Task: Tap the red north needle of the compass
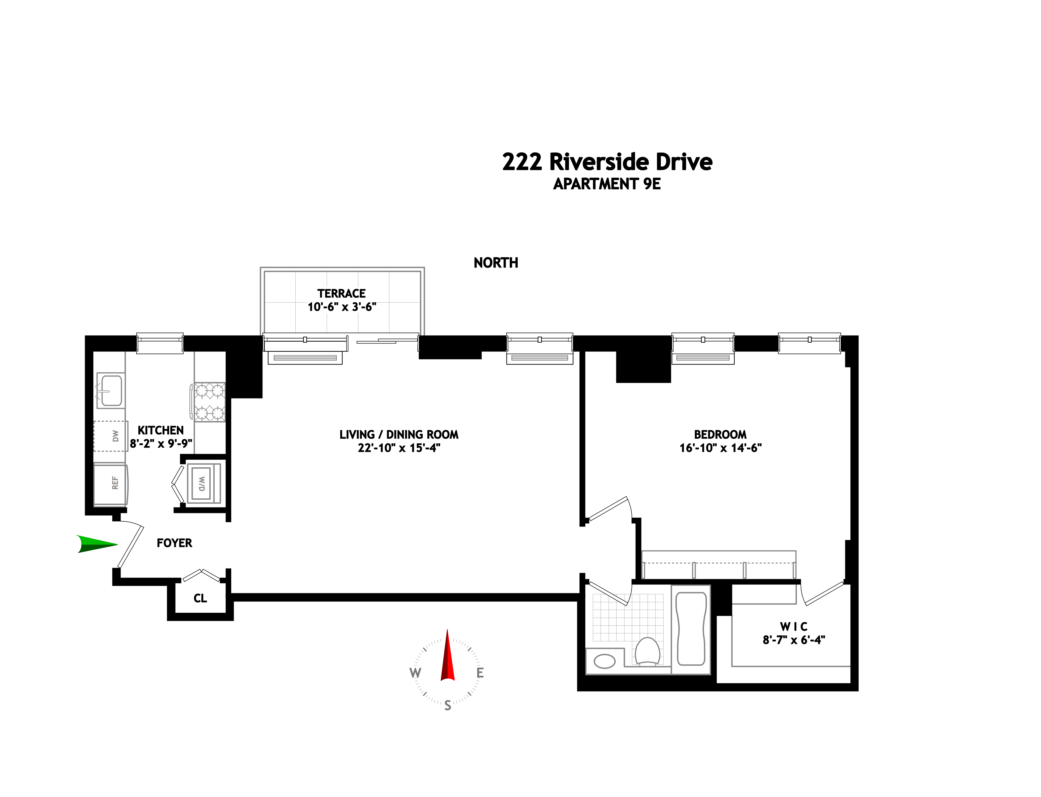[447, 657]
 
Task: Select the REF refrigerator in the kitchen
[111, 484]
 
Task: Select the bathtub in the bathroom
[691, 629]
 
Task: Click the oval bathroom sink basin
[605, 661]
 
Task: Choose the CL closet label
[200, 598]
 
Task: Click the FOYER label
[175, 543]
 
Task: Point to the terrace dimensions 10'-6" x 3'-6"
[342, 307]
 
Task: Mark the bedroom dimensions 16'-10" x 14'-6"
[720, 448]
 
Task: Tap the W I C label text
[793, 627]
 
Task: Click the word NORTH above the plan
[496, 263]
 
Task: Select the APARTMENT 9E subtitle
[607, 184]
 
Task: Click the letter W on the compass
[415, 673]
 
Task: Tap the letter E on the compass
[480, 673]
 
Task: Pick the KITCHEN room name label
[161, 430]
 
